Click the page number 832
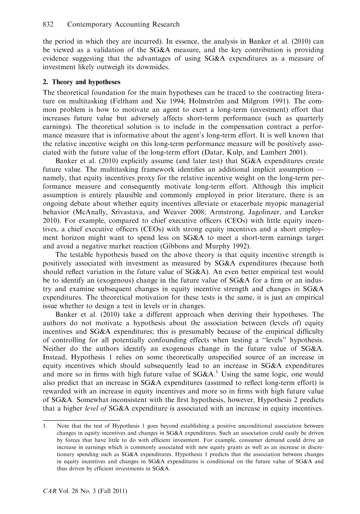[x=49, y=24]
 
